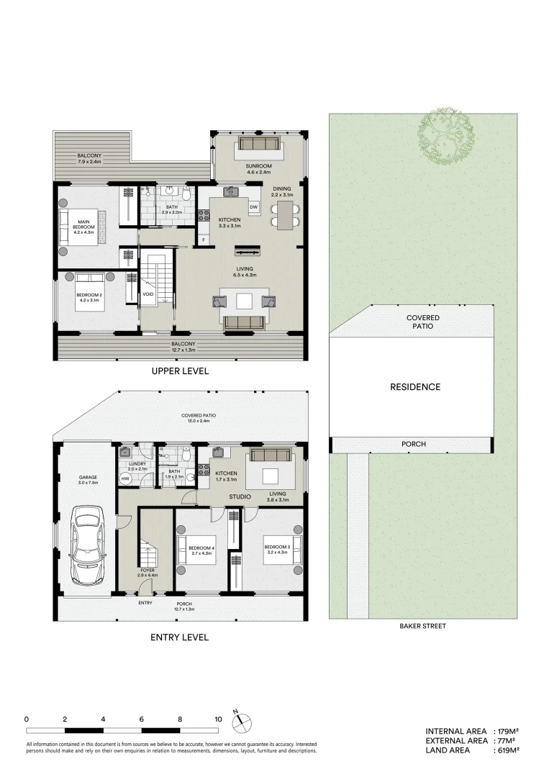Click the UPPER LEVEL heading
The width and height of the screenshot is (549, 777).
(179, 371)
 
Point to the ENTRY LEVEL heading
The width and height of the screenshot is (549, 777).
(179, 637)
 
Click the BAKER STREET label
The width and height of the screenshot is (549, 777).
(422, 626)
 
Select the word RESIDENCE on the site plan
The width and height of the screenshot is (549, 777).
(415, 387)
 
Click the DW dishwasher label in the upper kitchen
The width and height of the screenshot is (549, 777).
(253, 208)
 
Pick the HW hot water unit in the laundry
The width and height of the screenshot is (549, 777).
(125, 478)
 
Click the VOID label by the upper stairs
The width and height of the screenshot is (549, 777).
(148, 294)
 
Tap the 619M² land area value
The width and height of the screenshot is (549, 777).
(507, 750)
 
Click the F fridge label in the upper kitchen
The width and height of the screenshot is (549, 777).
(204, 239)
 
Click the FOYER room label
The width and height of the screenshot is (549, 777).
(147, 570)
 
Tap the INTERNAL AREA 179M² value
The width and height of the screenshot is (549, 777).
(507, 730)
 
